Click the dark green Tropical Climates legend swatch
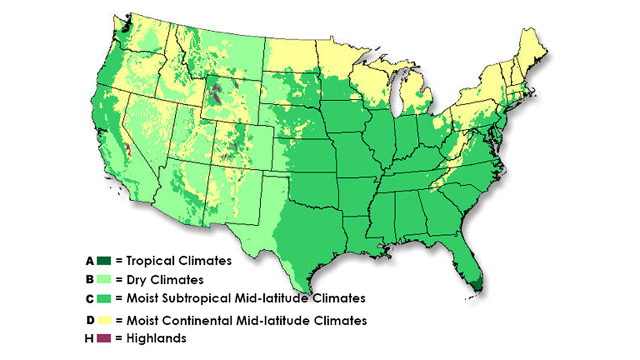tap(103, 260)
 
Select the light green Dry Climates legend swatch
tap(103, 279)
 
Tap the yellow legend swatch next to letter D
tap(103, 319)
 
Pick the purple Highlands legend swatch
tap(103, 338)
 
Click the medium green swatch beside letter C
tap(103, 299)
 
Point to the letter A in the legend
tap(89, 260)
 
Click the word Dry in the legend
tap(136, 279)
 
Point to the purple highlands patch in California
tap(127, 149)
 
